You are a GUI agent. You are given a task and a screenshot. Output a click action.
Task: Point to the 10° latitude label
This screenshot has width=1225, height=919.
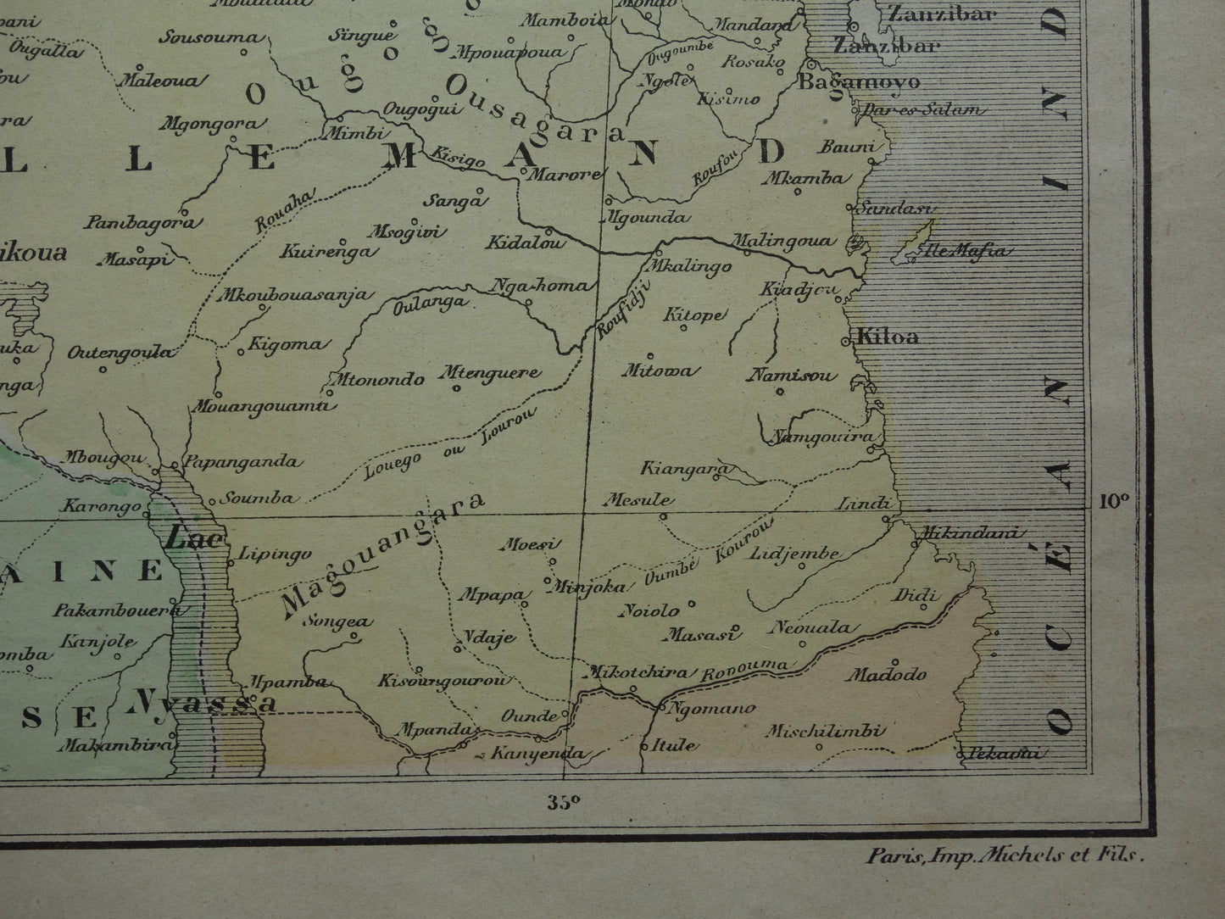pyautogui.click(x=1115, y=500)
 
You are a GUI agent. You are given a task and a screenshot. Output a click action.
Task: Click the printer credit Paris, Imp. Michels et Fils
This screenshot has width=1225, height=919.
pyautogui.click(x=1005, y=856)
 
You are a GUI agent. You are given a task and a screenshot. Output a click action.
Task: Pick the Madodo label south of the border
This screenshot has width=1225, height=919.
pyautogui.click(x=886, y=675)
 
